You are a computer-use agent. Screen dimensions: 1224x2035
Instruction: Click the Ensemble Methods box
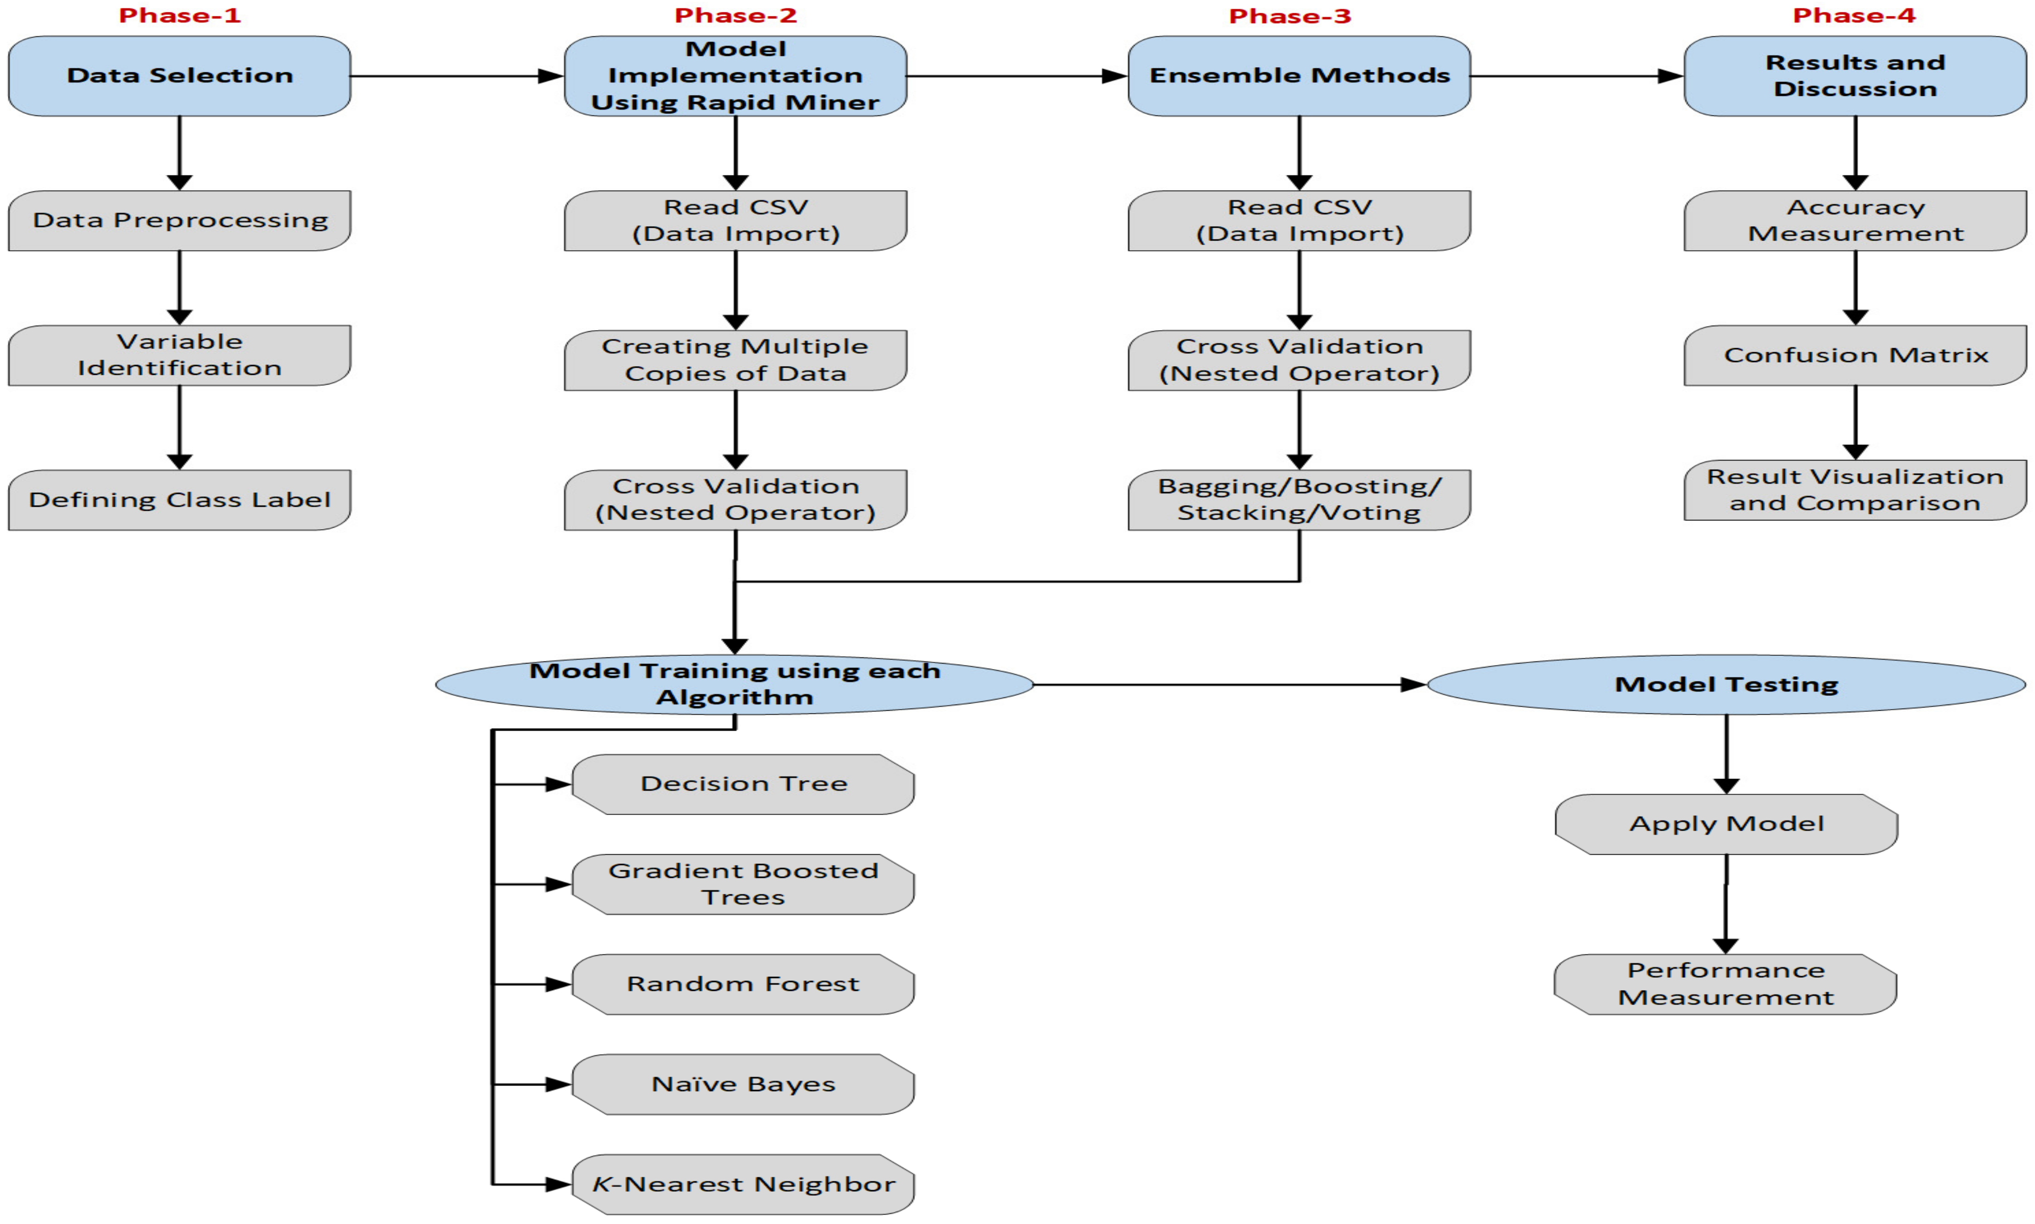(1299, 76)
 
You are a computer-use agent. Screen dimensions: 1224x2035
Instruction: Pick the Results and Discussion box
(1854, 76)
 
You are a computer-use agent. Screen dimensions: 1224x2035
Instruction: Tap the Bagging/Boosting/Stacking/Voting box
(1299, 500)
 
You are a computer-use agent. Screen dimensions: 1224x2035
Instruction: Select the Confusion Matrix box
(1854, 355)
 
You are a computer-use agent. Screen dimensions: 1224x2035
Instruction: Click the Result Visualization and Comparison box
(1854, 490)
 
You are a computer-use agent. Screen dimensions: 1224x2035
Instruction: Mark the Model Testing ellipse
(1726, 685)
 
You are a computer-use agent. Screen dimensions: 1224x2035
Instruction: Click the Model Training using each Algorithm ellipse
(734, 685)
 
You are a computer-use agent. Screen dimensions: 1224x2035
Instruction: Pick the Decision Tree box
(743, 784)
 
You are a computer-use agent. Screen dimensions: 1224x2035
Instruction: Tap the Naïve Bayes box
(743, 1085)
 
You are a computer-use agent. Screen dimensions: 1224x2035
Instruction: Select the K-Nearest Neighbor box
(743, 1185)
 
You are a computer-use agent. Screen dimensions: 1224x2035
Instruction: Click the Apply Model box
(1726, 824)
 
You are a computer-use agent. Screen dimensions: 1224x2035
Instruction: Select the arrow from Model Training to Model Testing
(1229, 685)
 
